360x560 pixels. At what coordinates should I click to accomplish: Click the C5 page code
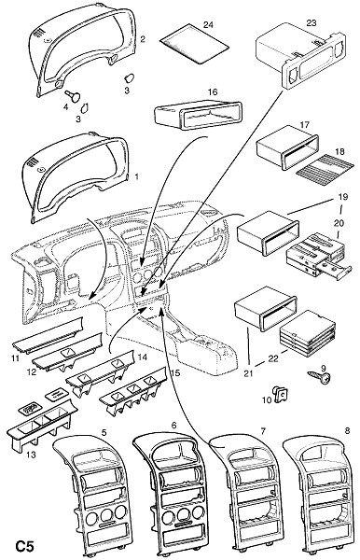coord(24,546)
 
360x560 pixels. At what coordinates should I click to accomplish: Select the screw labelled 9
coord(319,377)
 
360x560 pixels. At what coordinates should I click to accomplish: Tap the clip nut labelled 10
coord(281,394)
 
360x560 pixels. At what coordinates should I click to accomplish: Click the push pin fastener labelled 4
coord(73,95)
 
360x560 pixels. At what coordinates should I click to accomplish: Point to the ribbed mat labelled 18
coord(325,166)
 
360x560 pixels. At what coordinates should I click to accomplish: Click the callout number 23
coord(312,22)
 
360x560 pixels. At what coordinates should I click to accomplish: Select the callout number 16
coord(213,92)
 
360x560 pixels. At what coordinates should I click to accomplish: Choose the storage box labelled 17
coord(287,147)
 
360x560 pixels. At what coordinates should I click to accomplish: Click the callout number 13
coord(31,455)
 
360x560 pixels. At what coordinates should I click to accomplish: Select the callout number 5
coord(104,432)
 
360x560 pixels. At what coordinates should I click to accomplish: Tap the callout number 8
coord(347,430)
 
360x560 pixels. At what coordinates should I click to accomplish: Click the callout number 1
coord(136,176)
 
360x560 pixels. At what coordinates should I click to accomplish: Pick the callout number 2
coord(143,39)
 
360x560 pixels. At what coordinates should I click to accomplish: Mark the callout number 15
coord(175,373)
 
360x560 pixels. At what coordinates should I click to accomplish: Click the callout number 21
coord(248,373)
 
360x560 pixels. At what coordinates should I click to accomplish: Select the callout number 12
coord(32,372)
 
